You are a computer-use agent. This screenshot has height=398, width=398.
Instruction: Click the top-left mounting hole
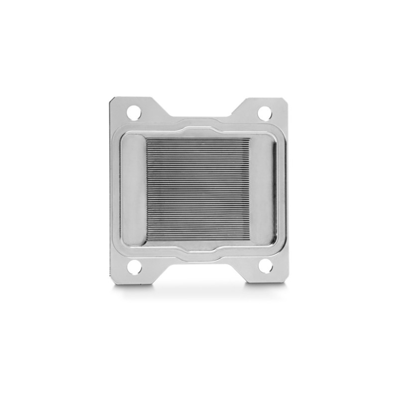[x=134, y=112]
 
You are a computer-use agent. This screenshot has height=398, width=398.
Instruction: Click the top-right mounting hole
[x=265, y=112]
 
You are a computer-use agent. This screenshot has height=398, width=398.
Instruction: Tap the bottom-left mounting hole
[x=134, y=267]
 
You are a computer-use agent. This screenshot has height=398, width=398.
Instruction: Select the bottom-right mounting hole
[x=265, y=266]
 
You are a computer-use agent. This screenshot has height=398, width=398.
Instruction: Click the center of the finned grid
[x=198, y=190]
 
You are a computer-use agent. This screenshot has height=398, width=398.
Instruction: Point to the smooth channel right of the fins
[x=262, y=190]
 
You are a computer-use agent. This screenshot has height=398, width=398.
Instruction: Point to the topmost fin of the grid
[x=198, y=139]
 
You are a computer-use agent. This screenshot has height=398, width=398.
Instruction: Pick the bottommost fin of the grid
[x=198, y=240]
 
